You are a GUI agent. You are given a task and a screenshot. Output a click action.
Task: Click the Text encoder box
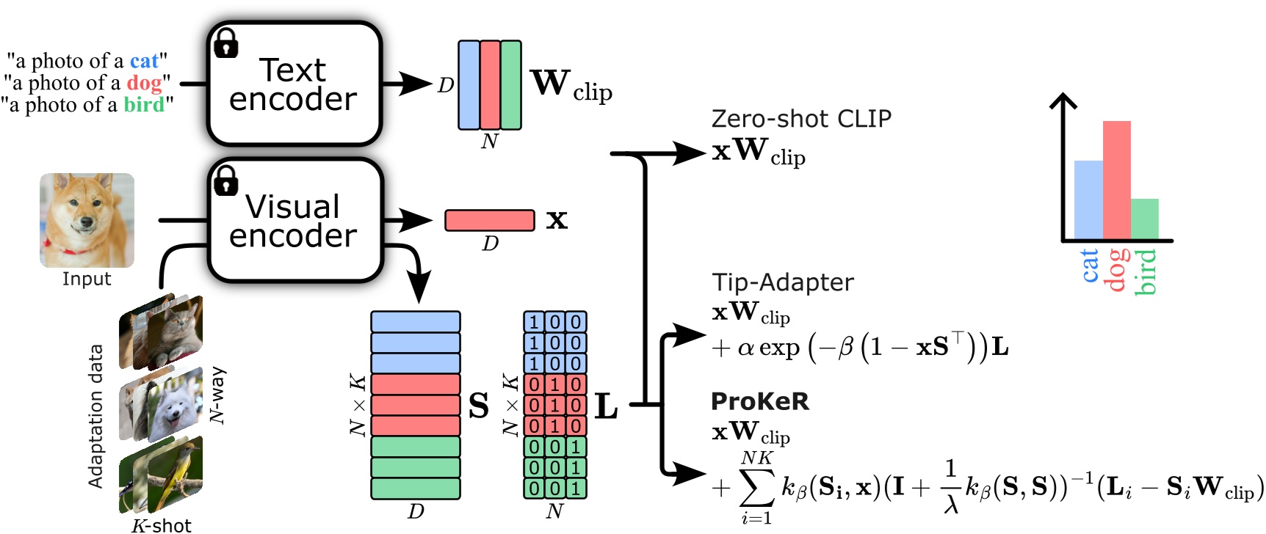[294, 84]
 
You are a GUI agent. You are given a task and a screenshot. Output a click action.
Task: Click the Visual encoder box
[294, 221]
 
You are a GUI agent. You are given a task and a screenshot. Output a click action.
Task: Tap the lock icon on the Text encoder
[226, 44]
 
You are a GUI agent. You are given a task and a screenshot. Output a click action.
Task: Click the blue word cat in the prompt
[144, 61]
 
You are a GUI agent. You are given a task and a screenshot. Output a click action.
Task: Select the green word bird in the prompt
[143, 105]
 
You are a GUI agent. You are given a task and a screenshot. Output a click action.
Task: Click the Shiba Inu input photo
[87, 220]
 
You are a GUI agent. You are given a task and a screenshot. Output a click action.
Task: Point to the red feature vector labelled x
[490, 220]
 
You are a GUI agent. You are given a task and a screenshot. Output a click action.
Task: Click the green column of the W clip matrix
[511, 85]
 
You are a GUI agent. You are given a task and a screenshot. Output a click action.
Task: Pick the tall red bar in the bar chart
[1116, 180]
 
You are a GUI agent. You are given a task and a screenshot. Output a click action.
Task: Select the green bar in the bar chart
[1144, 219]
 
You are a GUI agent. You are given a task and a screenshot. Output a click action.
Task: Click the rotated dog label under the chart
[1117, 270]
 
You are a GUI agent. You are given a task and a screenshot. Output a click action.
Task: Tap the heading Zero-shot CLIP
[801, 119]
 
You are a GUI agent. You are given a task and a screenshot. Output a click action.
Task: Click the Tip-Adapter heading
[783, 282]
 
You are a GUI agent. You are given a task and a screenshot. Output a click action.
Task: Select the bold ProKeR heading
[760, 401]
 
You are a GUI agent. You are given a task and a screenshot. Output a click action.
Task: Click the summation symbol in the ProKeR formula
[756, 487]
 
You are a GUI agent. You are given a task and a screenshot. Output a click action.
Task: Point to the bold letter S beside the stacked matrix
[479, 406]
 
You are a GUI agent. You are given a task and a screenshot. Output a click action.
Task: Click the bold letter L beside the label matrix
[606, 406]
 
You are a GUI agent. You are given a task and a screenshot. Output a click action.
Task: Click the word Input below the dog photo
[87, 279]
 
